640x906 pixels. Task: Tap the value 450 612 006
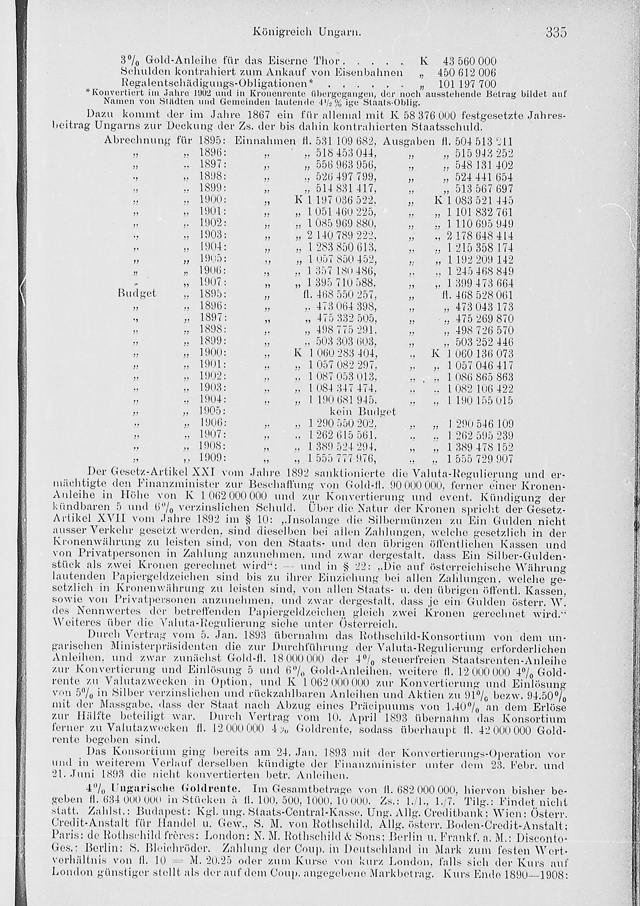click(x=467, y=73)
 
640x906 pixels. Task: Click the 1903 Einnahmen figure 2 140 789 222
click(x=341, y=236)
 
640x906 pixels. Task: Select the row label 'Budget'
click(x=137, y=293)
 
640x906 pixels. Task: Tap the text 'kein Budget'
click(x=362, y=412)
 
